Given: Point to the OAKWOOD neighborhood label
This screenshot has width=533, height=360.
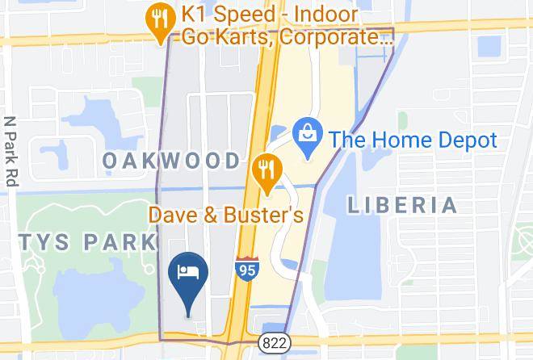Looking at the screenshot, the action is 172,161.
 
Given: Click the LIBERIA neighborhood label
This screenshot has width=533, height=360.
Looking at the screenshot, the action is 402,205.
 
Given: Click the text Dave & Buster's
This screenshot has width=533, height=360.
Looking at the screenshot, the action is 225,216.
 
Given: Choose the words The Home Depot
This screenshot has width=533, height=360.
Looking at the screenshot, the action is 412,140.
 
